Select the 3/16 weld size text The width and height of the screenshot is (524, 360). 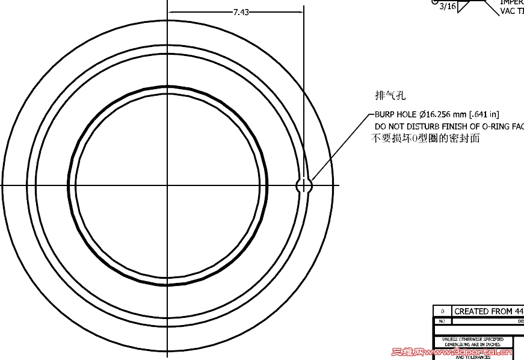[x=448, y=7]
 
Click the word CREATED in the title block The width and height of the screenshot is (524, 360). [x=472, y=311]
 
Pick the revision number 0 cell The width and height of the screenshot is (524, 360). [x=442, y=311]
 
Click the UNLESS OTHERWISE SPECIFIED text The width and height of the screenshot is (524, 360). [x=473, y=340]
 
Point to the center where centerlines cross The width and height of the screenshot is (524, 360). [x=167, y=185]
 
